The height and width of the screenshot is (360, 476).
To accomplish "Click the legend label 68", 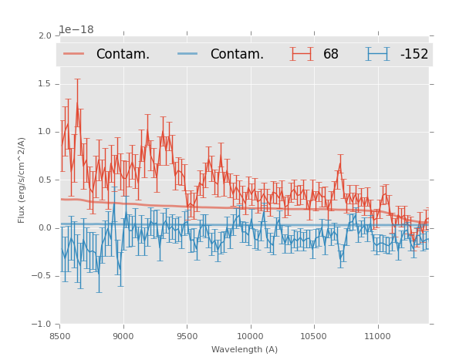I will [x=331, y=54].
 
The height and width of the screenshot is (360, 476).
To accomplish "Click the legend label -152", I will [x=414, y=54].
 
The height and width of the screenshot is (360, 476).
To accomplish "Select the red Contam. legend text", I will [x=123, y=54].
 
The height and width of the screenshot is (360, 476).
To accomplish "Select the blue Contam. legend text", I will [x=237, y=54].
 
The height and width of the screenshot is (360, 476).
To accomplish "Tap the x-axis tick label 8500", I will [x=60, y=336].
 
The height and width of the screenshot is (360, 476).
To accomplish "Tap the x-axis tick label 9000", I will [x=123, y=336].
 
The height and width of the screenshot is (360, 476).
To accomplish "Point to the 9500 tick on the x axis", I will [x=187, y=336].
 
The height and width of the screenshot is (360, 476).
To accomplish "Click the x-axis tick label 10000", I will [x=250, y=336].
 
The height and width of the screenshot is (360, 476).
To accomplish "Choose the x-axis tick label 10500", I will [x=313, y=336].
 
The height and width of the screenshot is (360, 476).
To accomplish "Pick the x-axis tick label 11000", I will [x=376, y=336].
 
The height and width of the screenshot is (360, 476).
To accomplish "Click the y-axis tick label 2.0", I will [x=44, y=36].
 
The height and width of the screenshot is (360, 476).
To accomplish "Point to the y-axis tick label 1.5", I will [x=44, y=84].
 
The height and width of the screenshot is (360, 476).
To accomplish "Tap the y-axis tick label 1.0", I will [x=44, y=133].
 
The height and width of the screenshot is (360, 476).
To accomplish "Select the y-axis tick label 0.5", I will [x=44, y=180].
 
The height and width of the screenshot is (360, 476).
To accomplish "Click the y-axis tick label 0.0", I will [x=44, y=228].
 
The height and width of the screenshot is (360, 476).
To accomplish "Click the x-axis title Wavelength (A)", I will [x=245, y=350].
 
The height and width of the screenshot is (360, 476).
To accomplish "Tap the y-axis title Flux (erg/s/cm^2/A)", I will [x=22, y=180].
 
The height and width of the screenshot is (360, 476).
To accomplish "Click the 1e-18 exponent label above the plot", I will [x=76, y=30].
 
